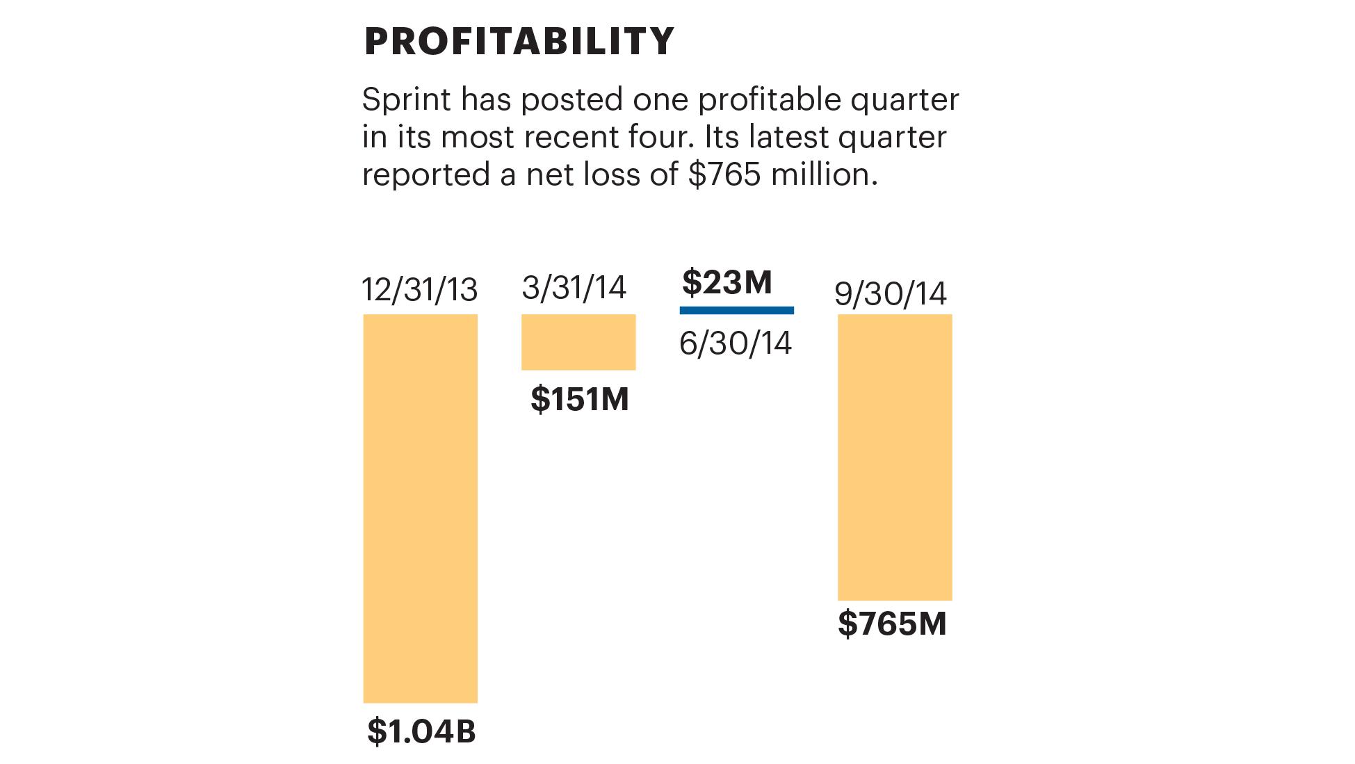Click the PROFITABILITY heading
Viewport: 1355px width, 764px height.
pos(519,42)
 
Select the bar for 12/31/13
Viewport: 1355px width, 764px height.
pos(420,507)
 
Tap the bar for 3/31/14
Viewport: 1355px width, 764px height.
pos(578,341)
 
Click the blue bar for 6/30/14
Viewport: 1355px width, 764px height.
pos(736,310)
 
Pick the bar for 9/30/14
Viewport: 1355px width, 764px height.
pos(895,457)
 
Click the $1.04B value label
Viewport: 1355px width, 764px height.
pos(421,731)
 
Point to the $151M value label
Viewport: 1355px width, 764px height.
pos(580,400)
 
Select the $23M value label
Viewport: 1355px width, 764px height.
pos(727,282)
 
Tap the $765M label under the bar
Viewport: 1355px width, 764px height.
pos(892,624)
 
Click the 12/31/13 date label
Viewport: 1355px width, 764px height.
pos(420,290)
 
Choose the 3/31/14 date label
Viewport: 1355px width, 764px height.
pos(574,288)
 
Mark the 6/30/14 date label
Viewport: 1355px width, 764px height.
pos(736,343)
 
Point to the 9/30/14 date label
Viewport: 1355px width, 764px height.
pos(891,294)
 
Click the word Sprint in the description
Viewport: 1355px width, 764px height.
pos(407,101)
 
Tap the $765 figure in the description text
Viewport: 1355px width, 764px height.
pos(724,174)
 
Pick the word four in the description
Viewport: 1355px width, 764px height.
pos(661,138)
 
